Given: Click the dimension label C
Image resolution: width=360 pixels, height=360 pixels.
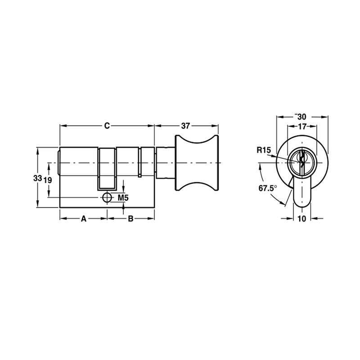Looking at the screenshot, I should (107, 126).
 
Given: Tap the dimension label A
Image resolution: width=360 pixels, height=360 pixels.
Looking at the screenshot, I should (83, 219).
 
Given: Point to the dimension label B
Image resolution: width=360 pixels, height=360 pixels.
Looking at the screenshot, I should (130, 219).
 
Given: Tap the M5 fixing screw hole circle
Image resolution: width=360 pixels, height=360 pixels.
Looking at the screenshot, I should (107, 197).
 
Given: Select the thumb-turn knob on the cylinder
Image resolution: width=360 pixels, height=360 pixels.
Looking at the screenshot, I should (196, 162).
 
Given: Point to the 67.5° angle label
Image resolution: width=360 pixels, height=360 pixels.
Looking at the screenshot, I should (268, 188).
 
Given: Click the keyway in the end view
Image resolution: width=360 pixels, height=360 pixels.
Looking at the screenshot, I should (301, 161).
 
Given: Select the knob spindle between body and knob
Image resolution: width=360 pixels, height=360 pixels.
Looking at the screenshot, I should (164, 162).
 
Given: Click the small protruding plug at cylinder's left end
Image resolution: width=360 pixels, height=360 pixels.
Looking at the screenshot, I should (58, 162).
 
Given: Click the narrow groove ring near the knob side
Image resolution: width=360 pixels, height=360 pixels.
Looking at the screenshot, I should (140, 162).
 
